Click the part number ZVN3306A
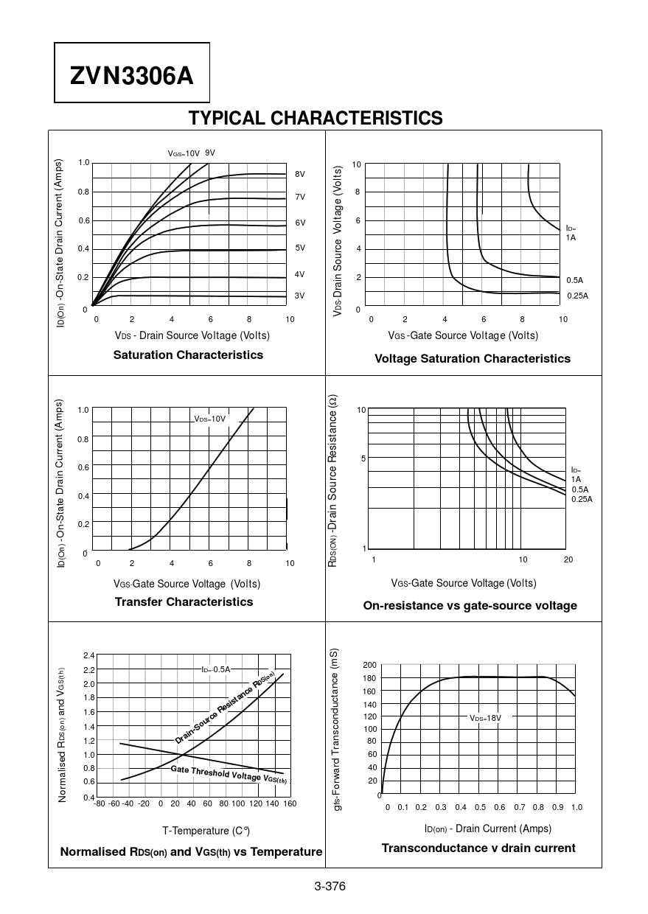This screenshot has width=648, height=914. tap(132, 75)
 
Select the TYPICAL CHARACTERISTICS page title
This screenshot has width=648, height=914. tap(316, 118)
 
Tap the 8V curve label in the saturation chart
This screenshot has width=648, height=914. tap(300, 174)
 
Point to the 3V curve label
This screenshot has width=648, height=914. tap(300, 296)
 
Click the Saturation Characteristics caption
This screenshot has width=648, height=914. tap(188, 355)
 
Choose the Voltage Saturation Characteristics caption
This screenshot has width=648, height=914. tap(473, 358)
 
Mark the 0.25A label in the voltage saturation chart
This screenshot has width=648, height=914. tap(578, 296)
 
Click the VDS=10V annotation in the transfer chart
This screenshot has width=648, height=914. tap(209, 419)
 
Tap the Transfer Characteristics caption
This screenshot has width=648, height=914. tap(184, 601)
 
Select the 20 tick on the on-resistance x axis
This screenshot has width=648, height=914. tap(568, 559)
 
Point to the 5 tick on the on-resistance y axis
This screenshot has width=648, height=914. tap(363, 458)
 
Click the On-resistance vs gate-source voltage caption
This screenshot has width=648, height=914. tap(470, 605)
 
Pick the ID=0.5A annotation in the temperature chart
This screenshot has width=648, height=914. tap(216, 669)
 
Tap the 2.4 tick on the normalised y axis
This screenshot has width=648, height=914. tap(88, 655)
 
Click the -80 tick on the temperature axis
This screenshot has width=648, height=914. tap(100, 803)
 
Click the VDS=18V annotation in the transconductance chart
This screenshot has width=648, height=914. tap(486, 717)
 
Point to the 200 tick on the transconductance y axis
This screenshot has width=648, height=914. tap(369, 665)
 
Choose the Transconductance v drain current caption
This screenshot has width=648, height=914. tap(478, 848)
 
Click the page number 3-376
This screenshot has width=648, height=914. tap(330, 886)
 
